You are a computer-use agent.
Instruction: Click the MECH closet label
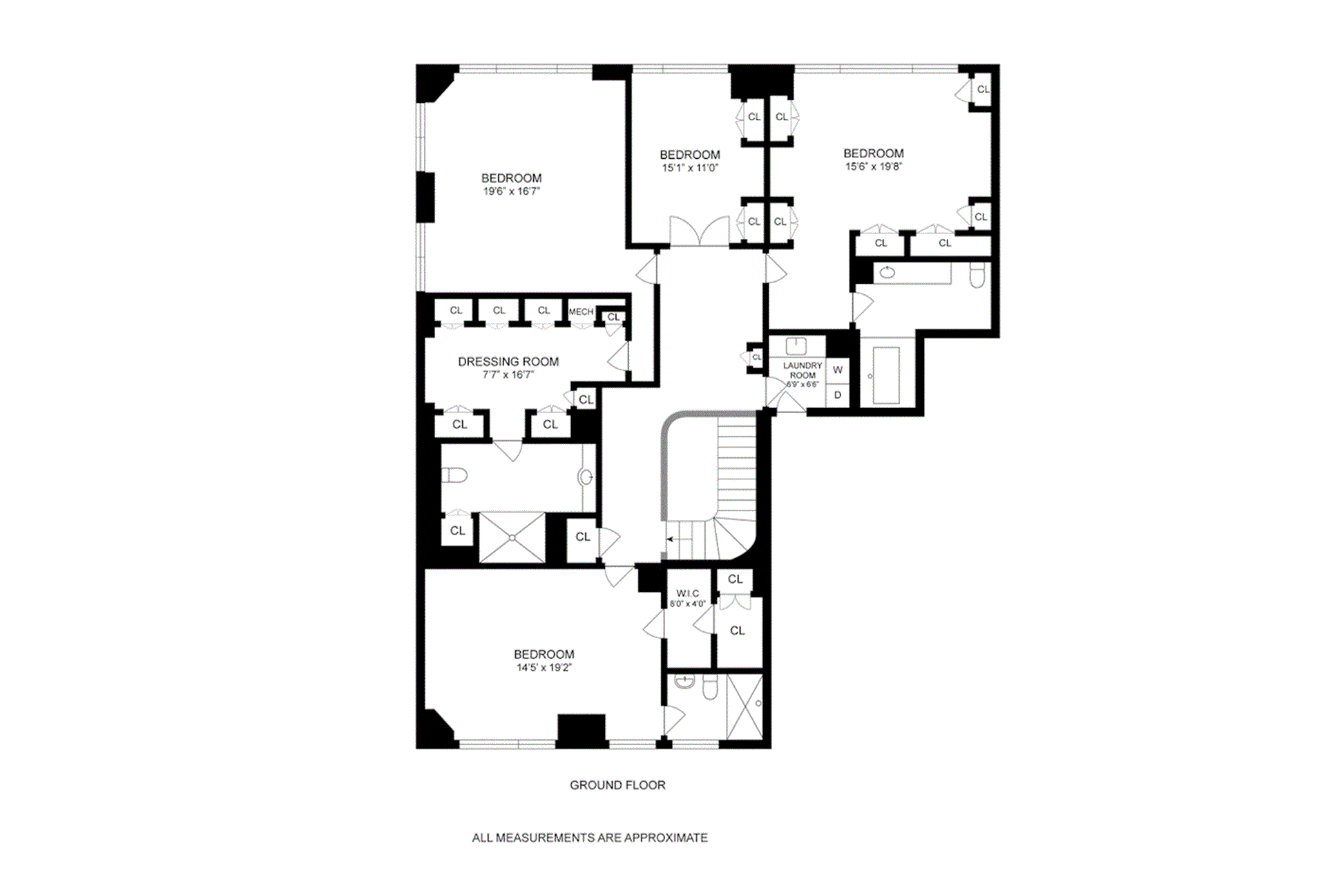(x=581, y=311)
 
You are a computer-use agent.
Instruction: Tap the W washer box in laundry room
(x=838, y=370)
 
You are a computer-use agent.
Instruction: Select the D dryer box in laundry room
(x=838, y=395)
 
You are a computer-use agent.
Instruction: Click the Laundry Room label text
(x=803, y=370)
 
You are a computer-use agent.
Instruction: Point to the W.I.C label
(x=687, y=593)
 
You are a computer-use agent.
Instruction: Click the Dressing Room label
(x=508, y=361)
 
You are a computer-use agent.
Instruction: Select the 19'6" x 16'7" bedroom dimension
(x=511, y=191)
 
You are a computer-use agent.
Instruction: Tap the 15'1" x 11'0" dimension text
(x=690, y=168)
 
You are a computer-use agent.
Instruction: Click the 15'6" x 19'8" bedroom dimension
(x=873, y=166)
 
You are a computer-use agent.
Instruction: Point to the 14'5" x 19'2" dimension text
(x=544, y=668)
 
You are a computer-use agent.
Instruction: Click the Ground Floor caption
(x=617, y=785)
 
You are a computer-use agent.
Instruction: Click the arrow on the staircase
(x=670, y=539)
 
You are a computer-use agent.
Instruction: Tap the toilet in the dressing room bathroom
(x=454, y=475)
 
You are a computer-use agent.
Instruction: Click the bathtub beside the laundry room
(x=886, y=375)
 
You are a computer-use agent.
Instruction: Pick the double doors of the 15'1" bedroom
(x=700, y=231)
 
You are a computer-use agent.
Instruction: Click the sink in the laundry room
(x=796, y=345)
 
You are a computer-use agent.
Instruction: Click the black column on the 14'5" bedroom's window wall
(x=581, y=731)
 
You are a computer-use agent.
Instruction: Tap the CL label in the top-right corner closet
(x=983, y=90)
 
